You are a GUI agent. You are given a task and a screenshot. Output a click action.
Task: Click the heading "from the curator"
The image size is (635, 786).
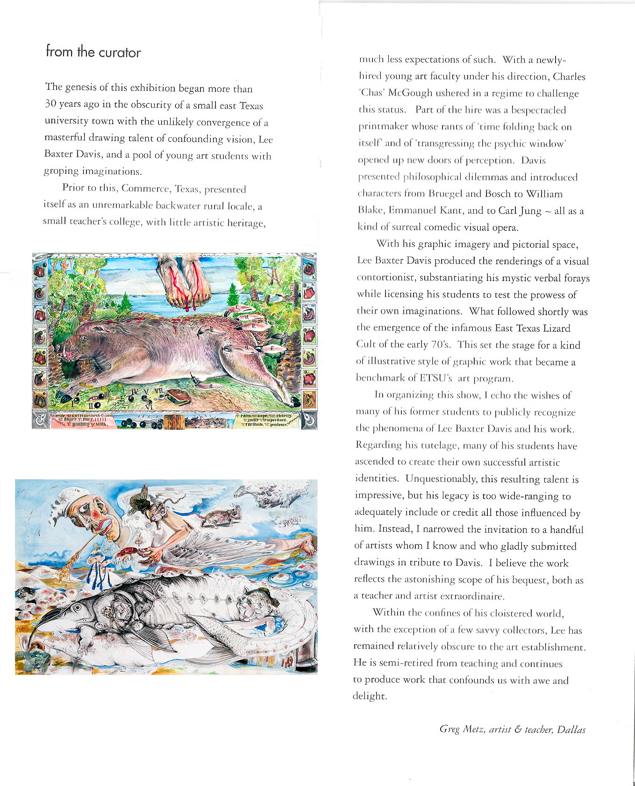[x=93, y=51]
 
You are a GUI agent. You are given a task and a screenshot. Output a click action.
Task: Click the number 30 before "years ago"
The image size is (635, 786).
[x=50, y=104]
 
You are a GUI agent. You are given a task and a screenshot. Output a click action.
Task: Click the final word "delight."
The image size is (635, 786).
[x=370, y=696]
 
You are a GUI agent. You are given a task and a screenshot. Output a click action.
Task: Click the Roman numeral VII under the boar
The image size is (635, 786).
[x=158, y=390]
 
